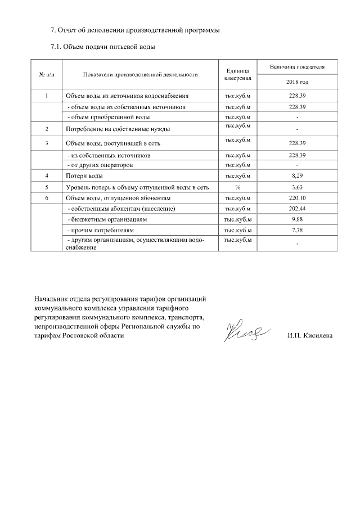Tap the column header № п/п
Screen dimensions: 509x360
(46, 74)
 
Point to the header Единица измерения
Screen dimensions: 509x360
(237, 74)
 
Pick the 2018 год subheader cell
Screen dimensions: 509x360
(297, 82)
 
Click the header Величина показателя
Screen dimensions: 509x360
(297, 66)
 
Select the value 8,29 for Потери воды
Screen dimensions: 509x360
(297, 177)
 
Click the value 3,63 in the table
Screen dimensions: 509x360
(297, 187)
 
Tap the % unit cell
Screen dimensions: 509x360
(237, 187)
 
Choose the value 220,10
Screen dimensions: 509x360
(297, 198)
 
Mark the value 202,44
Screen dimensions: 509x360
(297, 209)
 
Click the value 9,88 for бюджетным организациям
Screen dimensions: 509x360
(297, 219)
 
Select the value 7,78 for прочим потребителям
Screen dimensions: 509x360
(297, 230)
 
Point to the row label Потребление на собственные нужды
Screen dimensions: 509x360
(118, 129)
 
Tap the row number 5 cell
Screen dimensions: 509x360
(46, 187)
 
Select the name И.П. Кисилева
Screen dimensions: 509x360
(309, 336)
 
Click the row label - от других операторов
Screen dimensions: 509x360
(101, 165)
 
